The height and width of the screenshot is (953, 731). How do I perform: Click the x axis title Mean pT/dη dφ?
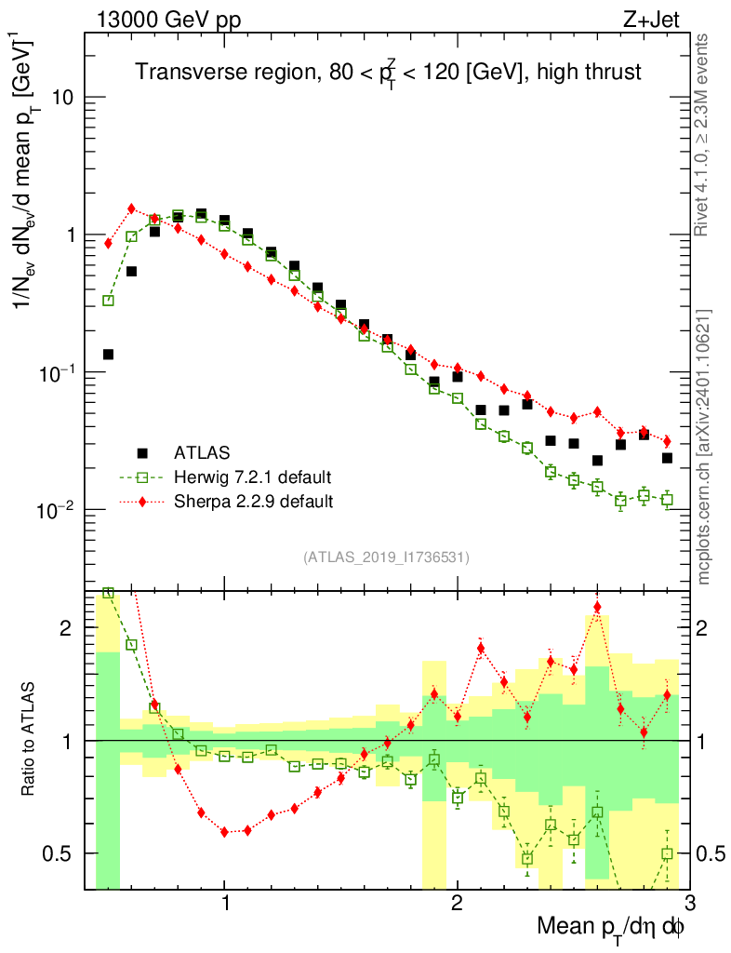[x=612, y=929]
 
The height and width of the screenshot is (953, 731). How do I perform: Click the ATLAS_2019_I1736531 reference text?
[x=386, y=557]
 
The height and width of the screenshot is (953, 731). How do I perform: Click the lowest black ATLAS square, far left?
[x=108, y=355]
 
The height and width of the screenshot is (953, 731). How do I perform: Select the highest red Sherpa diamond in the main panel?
[x=131, y=208]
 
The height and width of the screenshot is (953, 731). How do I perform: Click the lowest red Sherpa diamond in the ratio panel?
[x=224, y=832]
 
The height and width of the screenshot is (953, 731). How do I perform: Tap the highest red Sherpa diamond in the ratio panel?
[x=597, y=608]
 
